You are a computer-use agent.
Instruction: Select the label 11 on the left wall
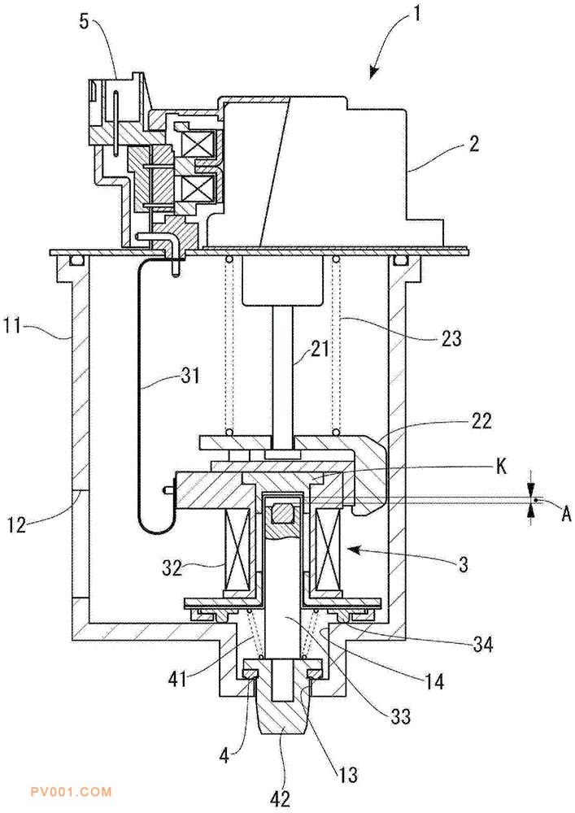coord(15,328)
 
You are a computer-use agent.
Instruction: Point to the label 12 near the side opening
coord(17,524)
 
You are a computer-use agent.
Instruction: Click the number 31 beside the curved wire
coord(189,374)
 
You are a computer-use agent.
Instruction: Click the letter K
coord(501,466)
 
